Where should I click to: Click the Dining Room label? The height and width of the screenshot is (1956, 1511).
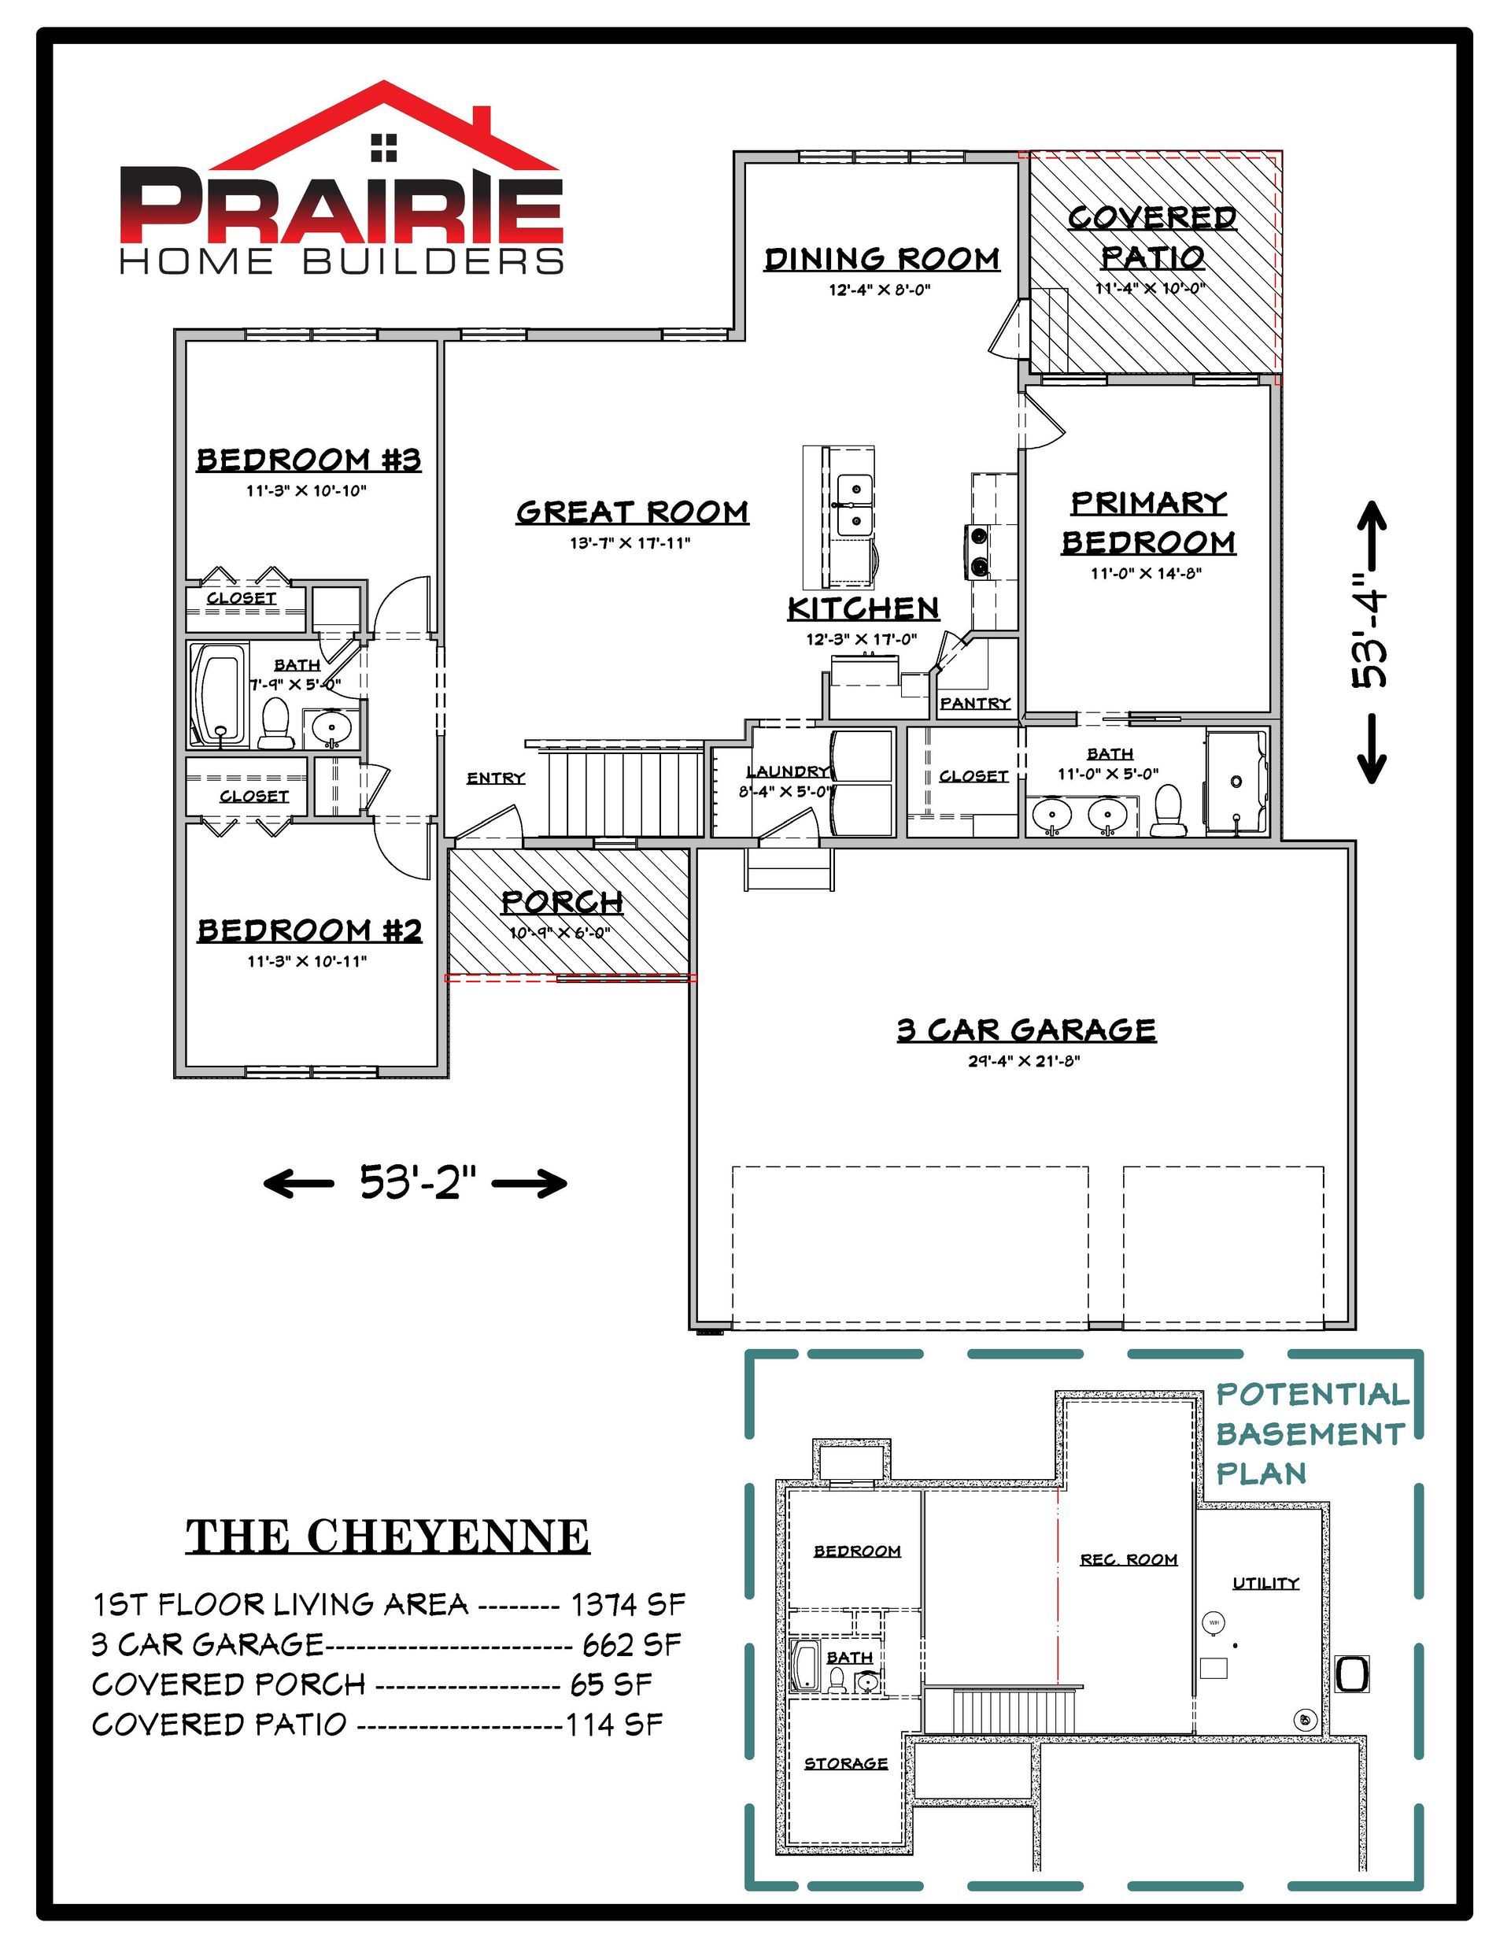point(881,259)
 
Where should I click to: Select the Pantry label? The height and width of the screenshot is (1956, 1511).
point(975,703)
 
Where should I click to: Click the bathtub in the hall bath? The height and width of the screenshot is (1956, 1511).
point(220,694)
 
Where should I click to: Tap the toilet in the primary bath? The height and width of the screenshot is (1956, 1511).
point(1167,811)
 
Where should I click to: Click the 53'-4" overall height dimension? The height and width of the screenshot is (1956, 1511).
point(1369,642)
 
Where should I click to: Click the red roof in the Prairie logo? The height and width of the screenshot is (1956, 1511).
point(385,125)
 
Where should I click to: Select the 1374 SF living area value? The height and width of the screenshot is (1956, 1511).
point(629,1604)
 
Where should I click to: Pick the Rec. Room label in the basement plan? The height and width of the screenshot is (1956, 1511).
point(1129,1559)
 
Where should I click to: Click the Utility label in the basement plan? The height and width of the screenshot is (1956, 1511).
point(1265,1583)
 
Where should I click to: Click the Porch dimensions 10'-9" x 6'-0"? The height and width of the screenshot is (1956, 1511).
point(560,932)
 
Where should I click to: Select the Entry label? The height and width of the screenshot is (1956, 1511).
point(495,778)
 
